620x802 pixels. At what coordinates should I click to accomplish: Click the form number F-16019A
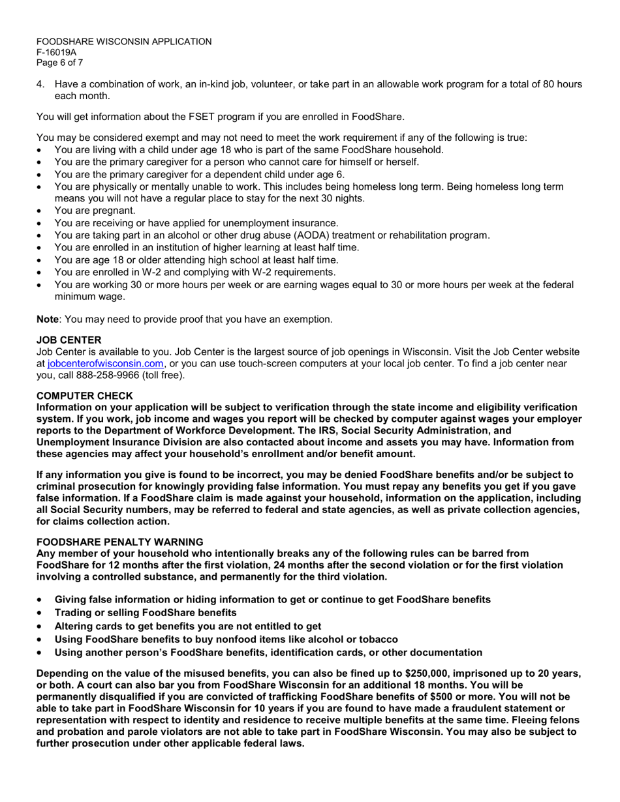coord(56,52)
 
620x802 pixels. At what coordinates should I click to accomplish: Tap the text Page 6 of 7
coord(59,63)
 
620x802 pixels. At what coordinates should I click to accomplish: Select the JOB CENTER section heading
coord(69,340)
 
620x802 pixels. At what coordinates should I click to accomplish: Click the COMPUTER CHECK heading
coord(84,396)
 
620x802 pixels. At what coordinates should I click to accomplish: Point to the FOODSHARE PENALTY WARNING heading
coord(119,542)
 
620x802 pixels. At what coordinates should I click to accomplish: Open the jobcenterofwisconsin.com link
coord(106,363)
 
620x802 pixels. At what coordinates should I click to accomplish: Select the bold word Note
coord(47,319)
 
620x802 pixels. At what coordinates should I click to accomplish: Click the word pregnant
coord(114,211)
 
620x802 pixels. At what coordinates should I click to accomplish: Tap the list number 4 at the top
coord(40,84)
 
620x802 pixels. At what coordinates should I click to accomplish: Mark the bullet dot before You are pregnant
coord(40,211)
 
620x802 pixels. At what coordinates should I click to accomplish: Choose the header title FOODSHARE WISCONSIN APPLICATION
coord(124,42)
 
